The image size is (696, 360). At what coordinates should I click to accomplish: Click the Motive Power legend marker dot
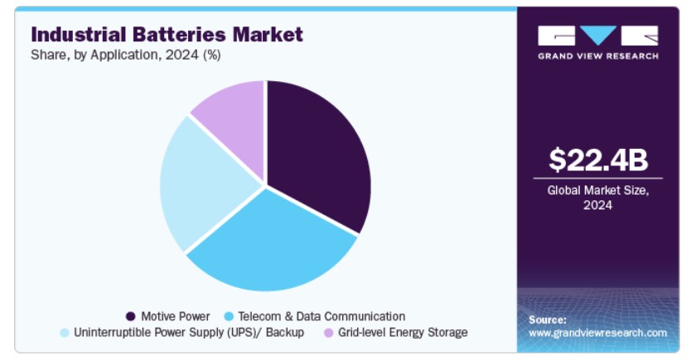[x=130, y=316]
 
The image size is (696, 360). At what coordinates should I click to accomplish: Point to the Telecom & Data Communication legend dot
[x=230, y=316]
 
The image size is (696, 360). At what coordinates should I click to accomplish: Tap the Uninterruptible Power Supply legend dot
[x=64, y=333]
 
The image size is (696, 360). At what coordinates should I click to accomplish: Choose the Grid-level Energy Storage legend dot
[x=329, y=333]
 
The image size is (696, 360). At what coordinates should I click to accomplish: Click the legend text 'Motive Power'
[x=175, y=316]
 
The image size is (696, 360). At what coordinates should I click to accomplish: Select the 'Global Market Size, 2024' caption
[x=597, y=198]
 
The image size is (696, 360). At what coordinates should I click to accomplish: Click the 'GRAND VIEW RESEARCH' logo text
[x=597, y=56]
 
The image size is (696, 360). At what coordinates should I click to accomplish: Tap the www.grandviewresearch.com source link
[x=597, y=333]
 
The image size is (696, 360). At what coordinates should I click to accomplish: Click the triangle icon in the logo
[x=598, y=36]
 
